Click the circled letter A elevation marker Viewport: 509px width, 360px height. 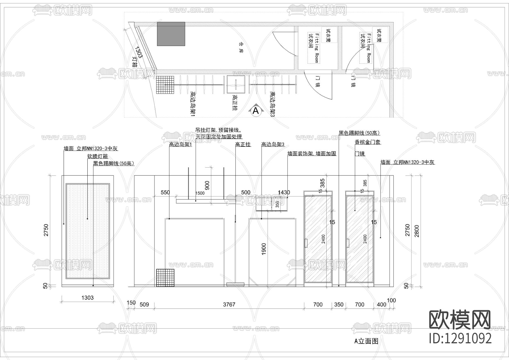[x=256, y=111]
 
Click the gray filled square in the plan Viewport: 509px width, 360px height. [x=171, y=34]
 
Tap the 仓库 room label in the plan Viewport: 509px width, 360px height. [x=241, y=48]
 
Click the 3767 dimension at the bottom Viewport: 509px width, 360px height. [x=229, y=305]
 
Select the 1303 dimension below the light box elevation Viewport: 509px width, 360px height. [x=87, y=298]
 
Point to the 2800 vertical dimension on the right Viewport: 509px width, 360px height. [x=417, y=231]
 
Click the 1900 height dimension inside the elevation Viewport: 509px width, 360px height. [x=264, y=249]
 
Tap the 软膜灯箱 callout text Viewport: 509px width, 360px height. [x=98, y=156]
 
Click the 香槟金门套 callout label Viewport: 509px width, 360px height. [x=368, y=142]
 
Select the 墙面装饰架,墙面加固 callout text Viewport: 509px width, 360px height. [x=312, y=154]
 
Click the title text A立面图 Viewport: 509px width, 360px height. [x=366, y=341]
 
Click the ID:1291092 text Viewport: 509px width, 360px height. [x=460, y=338]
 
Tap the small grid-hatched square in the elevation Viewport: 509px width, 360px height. [x=165, y=278]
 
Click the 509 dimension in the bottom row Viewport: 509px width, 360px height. [x=144, y=305]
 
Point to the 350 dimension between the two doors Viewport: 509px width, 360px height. [x=338, y=305]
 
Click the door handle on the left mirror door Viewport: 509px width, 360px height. [x=306, y=243]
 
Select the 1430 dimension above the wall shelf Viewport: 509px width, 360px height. [x=284, y=192]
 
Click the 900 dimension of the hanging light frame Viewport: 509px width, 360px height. [x=207, y=185]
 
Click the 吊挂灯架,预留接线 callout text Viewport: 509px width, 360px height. [x=218, y=130]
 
